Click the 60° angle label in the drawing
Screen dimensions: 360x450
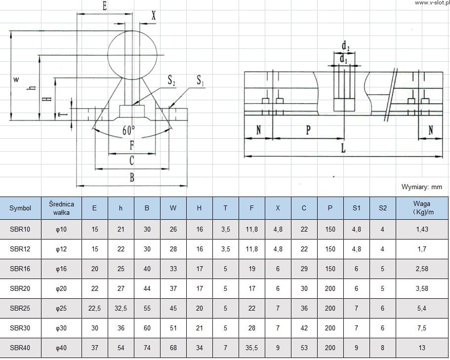pos(128,131)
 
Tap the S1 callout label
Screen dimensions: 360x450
pos(201,80)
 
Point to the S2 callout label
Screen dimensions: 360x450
pos(171,80)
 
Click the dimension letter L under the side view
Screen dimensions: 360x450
pos(343,149)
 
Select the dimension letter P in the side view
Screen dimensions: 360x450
pos(308,130)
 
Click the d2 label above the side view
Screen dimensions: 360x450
pos(346,47)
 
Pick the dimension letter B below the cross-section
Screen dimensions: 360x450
pos(132,178)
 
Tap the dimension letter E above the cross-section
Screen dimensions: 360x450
pos(104,6)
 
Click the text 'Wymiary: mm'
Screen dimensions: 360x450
pos(421,187)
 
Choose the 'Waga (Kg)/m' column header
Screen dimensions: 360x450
pos(422,208)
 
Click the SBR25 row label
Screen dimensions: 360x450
pos(20,308)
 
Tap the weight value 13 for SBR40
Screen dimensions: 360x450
pos(422,348)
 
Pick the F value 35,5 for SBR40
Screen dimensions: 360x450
pos(251,348)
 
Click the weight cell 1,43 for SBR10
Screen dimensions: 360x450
pos(422,229)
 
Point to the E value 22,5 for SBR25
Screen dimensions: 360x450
pos(94,308)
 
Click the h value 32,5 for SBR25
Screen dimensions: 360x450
pos(121,308)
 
